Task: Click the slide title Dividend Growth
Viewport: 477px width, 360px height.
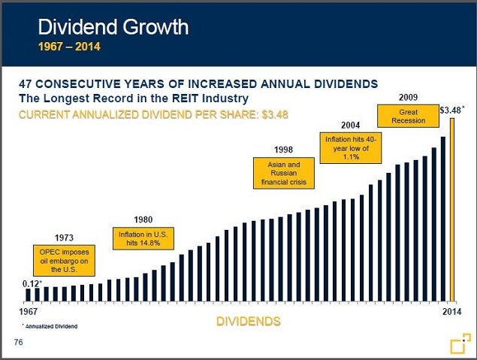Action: [x=113, y=29]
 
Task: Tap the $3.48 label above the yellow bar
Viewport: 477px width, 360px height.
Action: [x=451, y=110]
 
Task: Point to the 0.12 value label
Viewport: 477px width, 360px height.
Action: [x=31, y=283]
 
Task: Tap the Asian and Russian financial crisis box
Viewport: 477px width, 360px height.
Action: [x=283, y=173]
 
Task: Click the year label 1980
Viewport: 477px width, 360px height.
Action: [x=143, y=219]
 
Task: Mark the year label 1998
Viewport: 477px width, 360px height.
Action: [x=283, y=149]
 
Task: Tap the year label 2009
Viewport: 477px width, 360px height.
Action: [x=408, y=96]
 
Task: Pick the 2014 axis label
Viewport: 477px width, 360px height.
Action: [x=451, y=310]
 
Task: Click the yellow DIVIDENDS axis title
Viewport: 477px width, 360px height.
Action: [x=248, y=322]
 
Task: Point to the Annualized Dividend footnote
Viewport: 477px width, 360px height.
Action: [x=50, y=327]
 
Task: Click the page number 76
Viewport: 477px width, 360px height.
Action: [x=20, y=343]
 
